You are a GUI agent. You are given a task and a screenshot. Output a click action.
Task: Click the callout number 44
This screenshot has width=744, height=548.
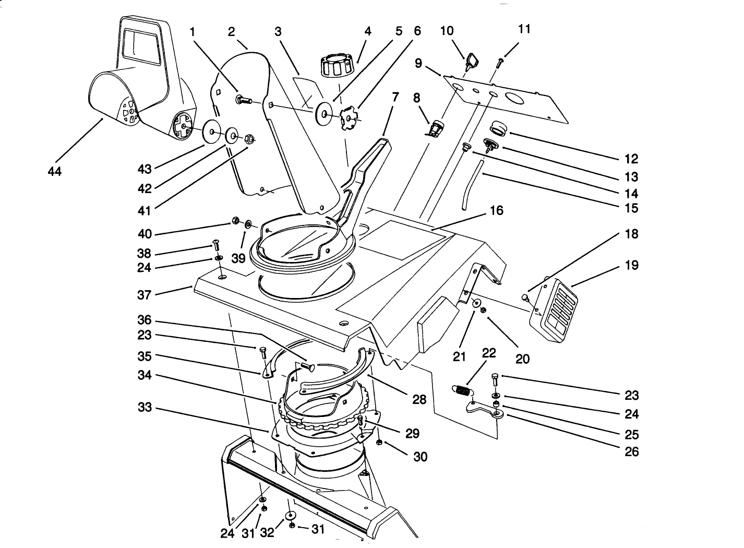54,171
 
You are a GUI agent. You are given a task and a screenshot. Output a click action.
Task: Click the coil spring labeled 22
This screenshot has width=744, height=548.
461,390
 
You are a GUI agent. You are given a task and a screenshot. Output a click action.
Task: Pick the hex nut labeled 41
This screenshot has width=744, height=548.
249,139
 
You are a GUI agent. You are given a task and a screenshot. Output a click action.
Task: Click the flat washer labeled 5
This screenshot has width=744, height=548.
325,114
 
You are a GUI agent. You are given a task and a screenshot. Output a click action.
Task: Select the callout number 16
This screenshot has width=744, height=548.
497,210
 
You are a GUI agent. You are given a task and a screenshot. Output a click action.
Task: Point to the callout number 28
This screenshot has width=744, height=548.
419,399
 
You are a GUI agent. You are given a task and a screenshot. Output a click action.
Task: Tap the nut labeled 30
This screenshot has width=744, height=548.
379,443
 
